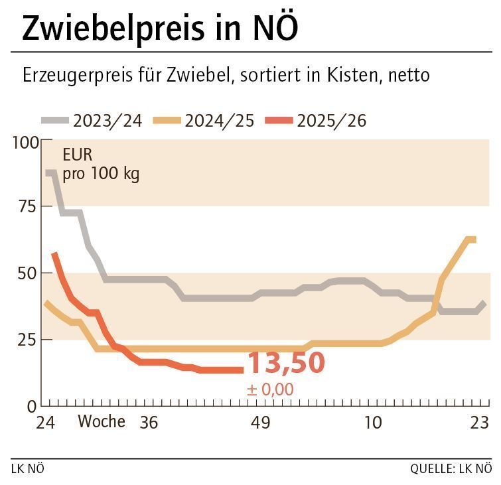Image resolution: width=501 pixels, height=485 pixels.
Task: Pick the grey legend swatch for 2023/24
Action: [55, 121]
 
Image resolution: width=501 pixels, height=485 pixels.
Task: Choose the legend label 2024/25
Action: [219, 121]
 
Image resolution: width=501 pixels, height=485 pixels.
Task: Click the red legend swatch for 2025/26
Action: [278, 121]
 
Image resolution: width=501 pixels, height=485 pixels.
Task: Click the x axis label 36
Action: [149, 423]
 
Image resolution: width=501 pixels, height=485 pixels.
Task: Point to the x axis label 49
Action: [261, 423]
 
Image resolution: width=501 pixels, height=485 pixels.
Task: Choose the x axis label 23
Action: [479, 423]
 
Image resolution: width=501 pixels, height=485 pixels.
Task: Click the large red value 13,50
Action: [286, 364]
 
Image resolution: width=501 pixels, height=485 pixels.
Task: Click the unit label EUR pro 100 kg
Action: [101, 165]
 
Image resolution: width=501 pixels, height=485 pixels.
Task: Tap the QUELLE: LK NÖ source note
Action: [451, 469]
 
